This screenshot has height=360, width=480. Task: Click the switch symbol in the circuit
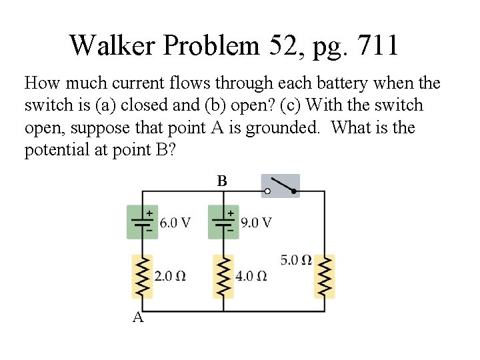(x=280, y=186)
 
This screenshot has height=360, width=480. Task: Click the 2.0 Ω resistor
(x=143, y=276)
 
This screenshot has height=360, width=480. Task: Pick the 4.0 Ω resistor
(x=223, y=276)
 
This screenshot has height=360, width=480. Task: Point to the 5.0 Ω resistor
(x=324, y=276)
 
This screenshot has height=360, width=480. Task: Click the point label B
(x=222, y=181)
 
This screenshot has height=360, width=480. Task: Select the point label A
(x=138, y=317)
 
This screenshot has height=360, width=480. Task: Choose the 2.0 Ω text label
(x=170, y=276)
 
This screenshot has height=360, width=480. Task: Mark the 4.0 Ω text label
(x=251, y=276)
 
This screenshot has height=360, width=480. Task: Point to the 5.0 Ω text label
(x=296, y=260)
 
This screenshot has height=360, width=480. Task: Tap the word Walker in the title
(x=112, y=45)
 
